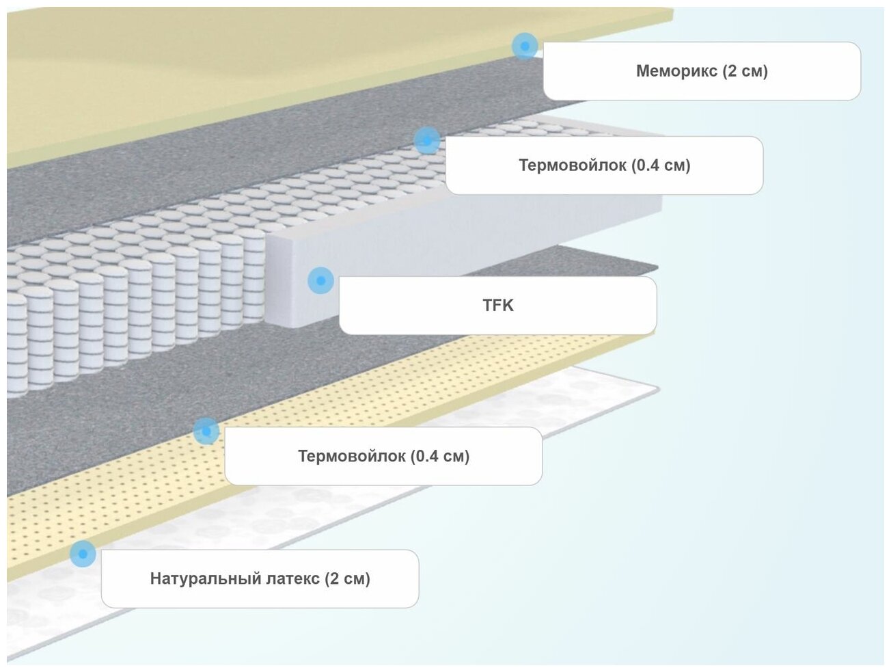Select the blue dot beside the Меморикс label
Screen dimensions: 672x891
[525, 46]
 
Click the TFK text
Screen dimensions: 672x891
[497, 305]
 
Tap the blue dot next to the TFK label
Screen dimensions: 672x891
[320, 280]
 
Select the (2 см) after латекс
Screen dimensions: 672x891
[347, 579]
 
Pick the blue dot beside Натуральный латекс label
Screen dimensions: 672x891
[83, 554]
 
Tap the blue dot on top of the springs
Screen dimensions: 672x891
[427, 140]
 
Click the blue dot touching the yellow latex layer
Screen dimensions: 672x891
[206, 431]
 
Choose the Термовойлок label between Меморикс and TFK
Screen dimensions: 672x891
[604, 165]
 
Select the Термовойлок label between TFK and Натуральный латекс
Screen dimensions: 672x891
[383, 456]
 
